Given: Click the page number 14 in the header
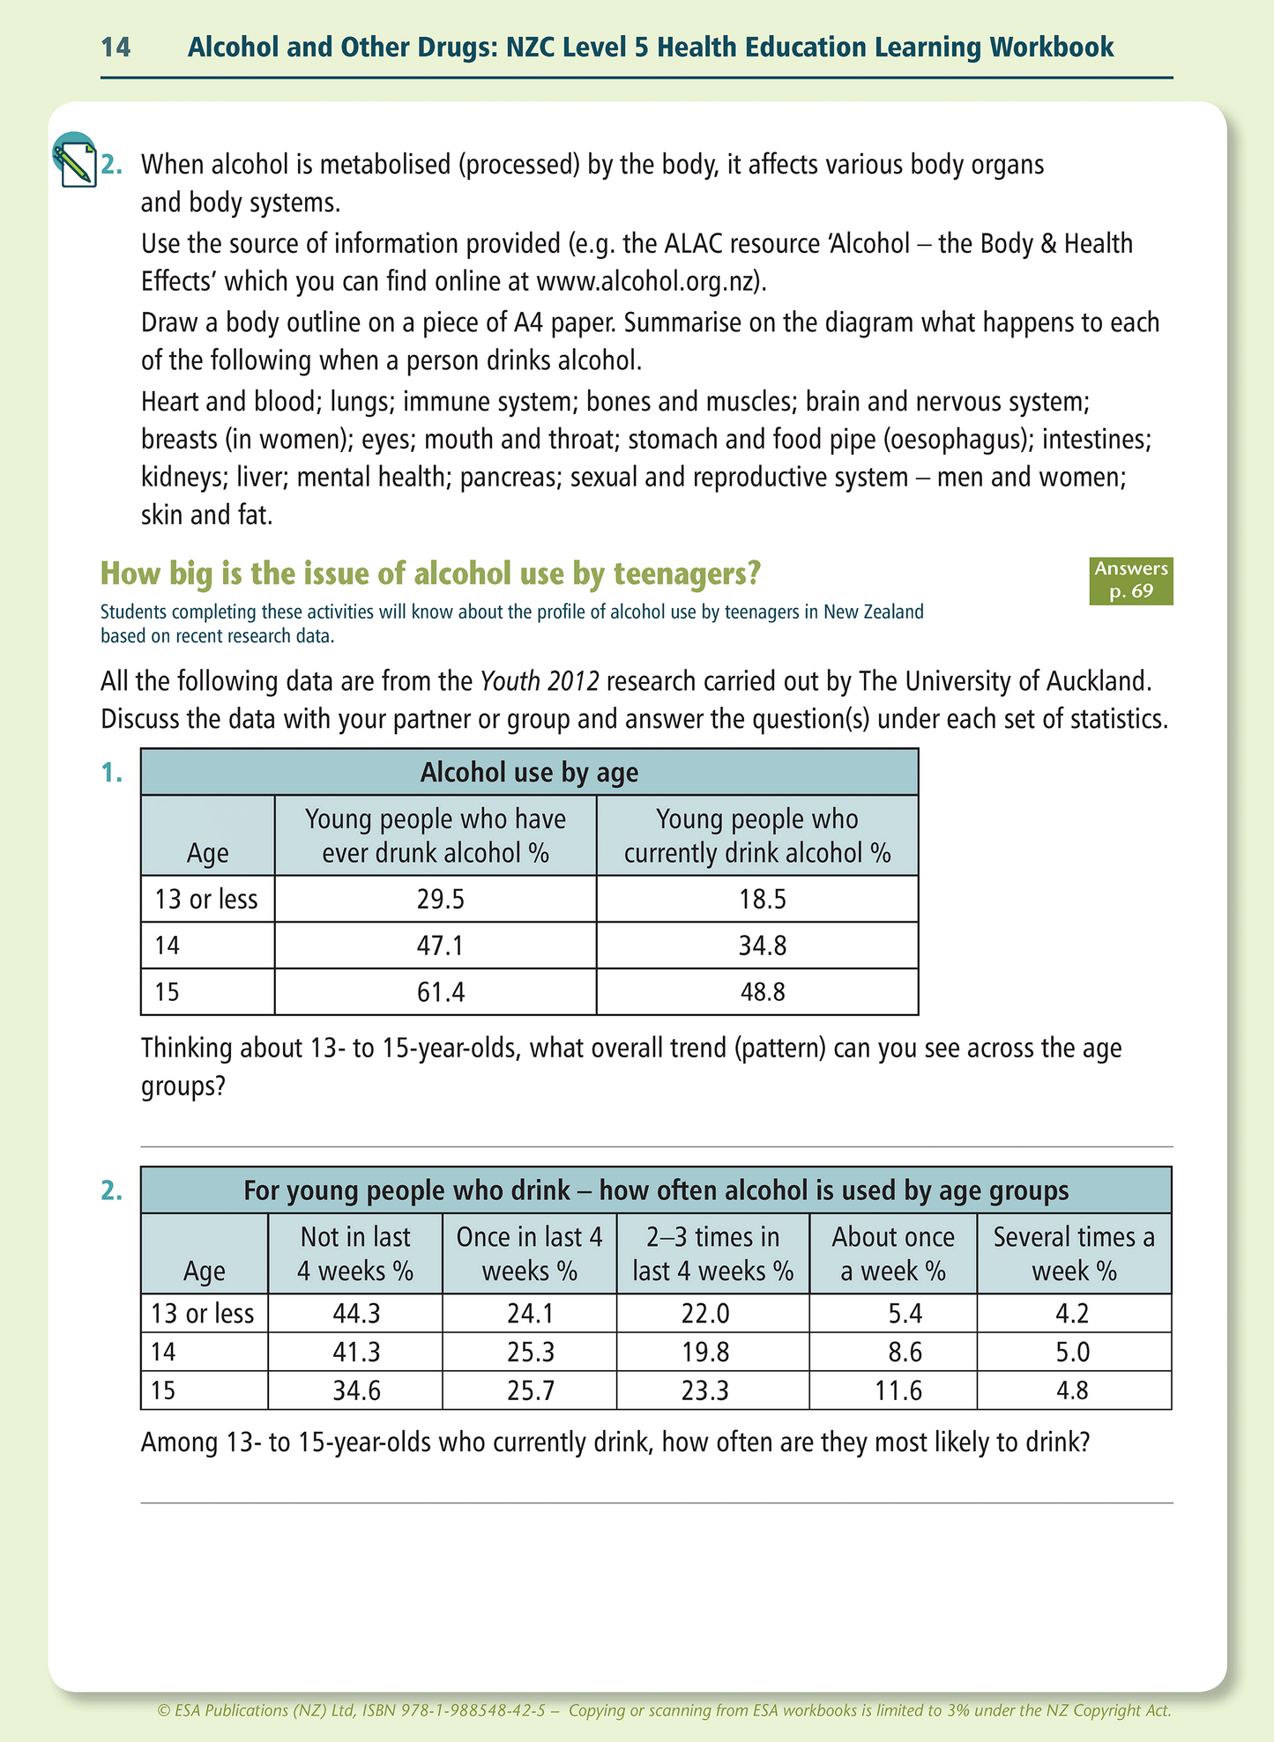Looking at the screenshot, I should coord(115,47).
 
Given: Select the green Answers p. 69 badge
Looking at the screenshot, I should coord(1131,581).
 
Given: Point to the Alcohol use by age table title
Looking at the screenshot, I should coord(529,773).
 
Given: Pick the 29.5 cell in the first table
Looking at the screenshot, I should coord(435,900).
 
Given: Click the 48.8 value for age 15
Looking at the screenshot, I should coord(757,993).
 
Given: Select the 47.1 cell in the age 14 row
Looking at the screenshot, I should coord(435,946).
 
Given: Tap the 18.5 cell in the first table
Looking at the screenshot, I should coord(757,900).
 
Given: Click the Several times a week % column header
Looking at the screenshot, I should coord(1074,1254).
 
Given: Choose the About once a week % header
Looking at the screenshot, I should coord(892,1254).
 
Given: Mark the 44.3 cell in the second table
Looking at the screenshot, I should coord(355,1314).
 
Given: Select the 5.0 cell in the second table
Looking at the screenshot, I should coord(1073,1353).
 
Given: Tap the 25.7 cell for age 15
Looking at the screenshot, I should coord(530,1391).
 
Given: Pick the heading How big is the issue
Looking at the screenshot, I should coord(430,574).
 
